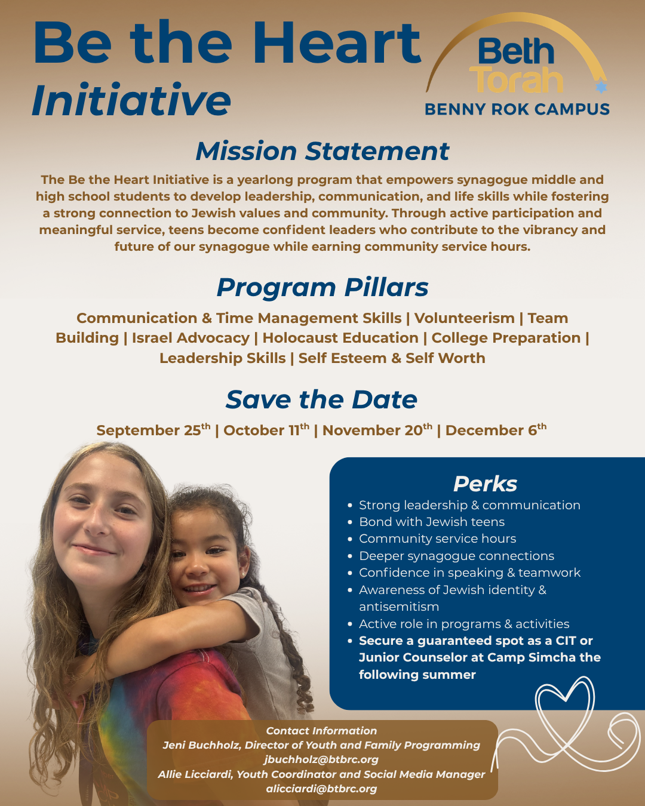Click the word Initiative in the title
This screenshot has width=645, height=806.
131,100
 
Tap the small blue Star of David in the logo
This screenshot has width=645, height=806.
601,87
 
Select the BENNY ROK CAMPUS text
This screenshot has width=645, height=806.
517,109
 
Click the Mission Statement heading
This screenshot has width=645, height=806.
322,151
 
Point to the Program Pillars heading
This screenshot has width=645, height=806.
322,288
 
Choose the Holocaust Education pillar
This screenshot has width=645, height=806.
340,338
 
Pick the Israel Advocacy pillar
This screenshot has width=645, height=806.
191,338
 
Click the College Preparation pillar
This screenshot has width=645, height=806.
506,338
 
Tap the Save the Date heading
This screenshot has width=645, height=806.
321,399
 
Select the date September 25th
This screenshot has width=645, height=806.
153,430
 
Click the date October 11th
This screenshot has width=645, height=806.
266,430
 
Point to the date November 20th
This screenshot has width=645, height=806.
377,430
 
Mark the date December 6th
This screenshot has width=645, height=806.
496,430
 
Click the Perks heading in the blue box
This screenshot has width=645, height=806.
485,484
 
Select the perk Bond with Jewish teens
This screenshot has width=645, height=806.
432,522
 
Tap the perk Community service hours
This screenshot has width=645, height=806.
437,539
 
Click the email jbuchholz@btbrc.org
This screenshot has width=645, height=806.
321,759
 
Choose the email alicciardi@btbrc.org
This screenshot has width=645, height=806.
321,789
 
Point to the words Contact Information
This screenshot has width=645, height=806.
321,731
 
